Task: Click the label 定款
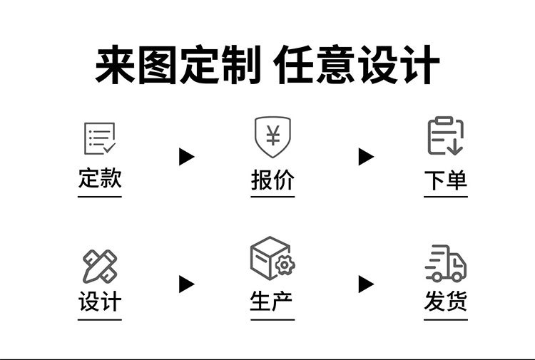pyautogui.click(x=100, y=178)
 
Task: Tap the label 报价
pyautogui.click(x=272, y=180)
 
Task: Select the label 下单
pyautogui.click(x=446, y=180)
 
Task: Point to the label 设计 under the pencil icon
pyautogui.click(x=100, y=302)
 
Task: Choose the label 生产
pyautogui.click(x=272, y=302)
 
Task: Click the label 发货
pyautogui.click(x=446, y=302)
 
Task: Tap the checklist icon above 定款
pyautogui.click(x=100, y=138)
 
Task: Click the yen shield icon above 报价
pyautogui.click(x=272, y=135)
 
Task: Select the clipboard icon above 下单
pyautogui.click(x=446, y=136)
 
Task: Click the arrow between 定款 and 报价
pyautogui.click(x=186, y=157)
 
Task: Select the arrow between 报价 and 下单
pyautogui.click(x=366, y=157)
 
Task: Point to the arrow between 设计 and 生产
pyautogui.click(x=186, y=284)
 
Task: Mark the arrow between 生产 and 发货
pyautogui.click(x=366, y=284)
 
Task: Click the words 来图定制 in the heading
pyautogui.click(x=178, y=66)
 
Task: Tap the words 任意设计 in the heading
pyautogui.click(x=357, y=66)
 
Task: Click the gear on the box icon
pyautogui.click(x=285, y=265)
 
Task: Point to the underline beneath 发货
pyautogui.click(x=446, y=319)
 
